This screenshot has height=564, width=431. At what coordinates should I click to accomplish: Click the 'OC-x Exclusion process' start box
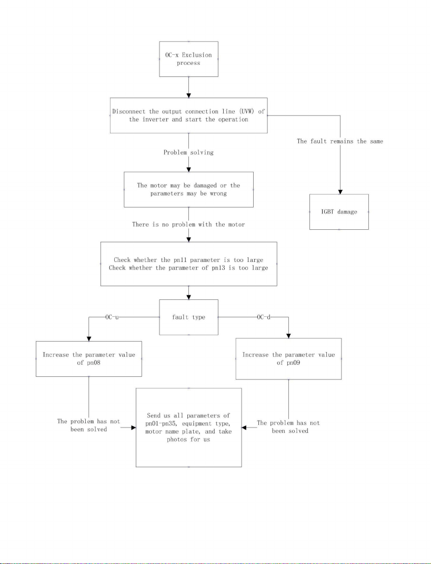pyautogui.click(x=188, y=59)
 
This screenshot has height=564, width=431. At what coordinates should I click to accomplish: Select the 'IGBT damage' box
pyautogui.click(x=339, y=212)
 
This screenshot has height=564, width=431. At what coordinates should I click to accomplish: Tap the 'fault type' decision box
pyautogui.click(x=188, y=317)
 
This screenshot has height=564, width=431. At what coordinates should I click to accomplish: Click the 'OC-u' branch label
pyautogui.click(x=112, y=317)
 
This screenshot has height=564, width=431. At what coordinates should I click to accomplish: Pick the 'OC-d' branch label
pyautogui.click(x=264, y=317)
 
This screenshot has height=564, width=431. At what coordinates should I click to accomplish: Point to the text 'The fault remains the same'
pyautogui.click(x=340, y=141)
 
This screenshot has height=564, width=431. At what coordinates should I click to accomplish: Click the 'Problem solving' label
pyautogui.click(x=188, y=152)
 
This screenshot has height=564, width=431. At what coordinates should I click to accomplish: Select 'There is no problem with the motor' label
pyautogui.click(x=188, y=225)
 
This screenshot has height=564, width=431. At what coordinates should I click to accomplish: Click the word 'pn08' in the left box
pyautogui.click(x=94, y=363)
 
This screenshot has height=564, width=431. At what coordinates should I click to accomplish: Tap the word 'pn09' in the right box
pyautogui.click(x=294, y=363)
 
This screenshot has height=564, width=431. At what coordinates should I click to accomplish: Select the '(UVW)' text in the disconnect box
pyautogui.click(x=247, y=112)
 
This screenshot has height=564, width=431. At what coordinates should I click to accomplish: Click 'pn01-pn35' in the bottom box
pyautogui.click(x=162, y=424)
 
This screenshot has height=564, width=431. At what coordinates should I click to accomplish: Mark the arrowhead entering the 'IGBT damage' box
pyautogui.click(x=340, y=192)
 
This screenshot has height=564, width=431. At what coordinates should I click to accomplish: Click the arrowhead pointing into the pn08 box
pyautogui.click(x=89, y=339)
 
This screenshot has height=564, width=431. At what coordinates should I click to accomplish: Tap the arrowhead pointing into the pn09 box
pyautogui.click(x=288, y=336)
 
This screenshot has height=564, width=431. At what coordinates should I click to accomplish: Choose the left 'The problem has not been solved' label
pyautogui.click(x=89, y=425)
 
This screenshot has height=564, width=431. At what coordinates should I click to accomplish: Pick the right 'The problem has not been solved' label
pyautogui.click(x=288, y=427)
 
